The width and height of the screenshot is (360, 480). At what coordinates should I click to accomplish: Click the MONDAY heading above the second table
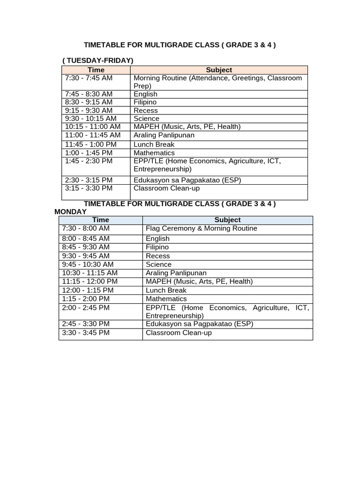(70, 212)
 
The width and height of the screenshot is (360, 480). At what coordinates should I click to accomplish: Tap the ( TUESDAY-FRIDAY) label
(98, 60)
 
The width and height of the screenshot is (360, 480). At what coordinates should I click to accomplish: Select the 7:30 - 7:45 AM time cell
(89, 78)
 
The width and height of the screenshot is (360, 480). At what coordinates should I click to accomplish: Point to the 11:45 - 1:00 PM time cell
(90, 144)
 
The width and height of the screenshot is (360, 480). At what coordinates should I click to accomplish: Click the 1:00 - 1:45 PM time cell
(89, 153)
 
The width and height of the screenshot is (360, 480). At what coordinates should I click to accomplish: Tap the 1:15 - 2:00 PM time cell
(86, 299)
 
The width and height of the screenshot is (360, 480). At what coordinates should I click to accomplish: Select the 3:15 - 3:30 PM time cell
(89, 188)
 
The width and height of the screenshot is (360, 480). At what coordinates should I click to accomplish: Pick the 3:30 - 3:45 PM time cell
(86, 333)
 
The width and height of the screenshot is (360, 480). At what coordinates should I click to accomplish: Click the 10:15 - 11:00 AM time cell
(92, 127)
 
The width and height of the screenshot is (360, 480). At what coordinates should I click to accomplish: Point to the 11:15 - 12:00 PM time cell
(90, 281)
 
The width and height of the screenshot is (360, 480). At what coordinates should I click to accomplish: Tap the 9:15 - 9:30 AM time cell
(89, 111)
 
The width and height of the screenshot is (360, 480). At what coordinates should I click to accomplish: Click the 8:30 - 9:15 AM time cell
(89, 102)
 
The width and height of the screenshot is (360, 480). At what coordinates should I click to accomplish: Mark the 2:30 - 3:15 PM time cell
(89, 180)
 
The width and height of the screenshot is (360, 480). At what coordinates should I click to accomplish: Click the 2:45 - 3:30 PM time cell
(86, 324)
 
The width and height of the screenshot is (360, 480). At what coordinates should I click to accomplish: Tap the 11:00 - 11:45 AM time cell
(92, 135)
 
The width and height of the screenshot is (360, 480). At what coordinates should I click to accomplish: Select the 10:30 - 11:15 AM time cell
(90, 273)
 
